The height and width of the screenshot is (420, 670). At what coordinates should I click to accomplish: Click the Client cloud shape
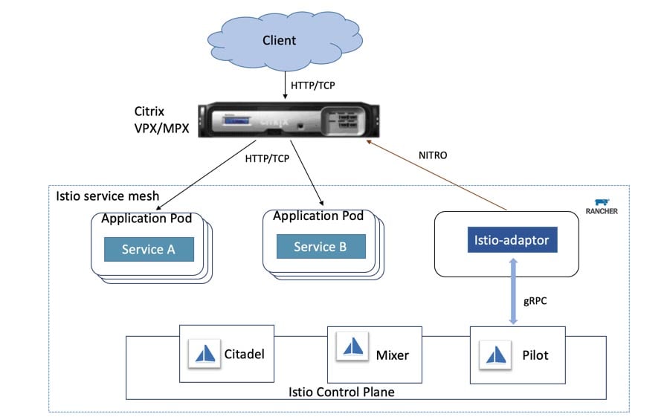tap(279, 39)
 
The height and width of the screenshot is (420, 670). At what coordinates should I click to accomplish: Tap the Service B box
tap(320, 247)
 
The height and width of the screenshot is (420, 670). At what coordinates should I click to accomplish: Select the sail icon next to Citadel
tap(204, 353)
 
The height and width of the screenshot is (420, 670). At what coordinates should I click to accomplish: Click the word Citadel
tap(244, 355)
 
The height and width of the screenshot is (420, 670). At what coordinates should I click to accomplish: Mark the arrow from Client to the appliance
tap(286, 83)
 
